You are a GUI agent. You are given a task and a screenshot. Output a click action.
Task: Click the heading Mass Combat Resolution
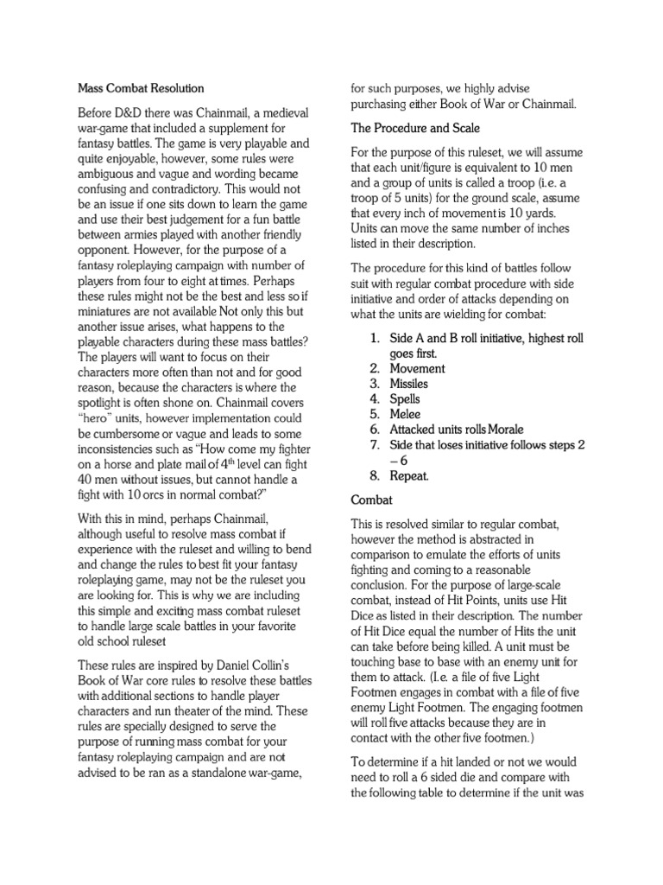click(141, 88)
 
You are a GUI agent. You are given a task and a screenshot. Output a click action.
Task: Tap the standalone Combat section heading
click(372, 500)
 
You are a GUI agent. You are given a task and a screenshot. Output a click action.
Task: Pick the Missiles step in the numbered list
click(409, 384)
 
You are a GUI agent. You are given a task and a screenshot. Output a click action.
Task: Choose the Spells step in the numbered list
click(406, 398)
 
